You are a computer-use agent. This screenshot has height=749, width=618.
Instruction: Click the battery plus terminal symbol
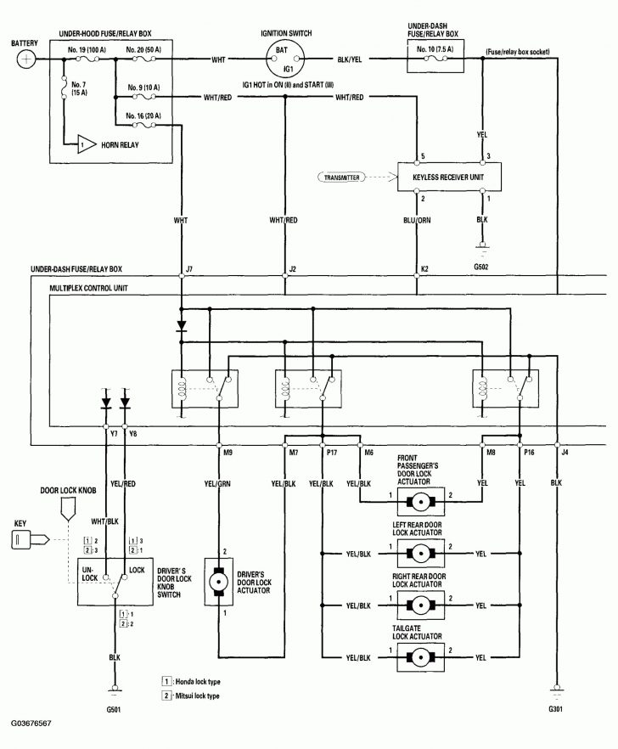coord(27,59)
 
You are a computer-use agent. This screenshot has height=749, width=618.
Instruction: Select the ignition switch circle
coord(289,59)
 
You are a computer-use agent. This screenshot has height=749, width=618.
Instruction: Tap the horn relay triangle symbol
coord(87,144)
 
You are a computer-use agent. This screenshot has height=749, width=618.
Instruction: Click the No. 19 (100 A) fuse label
coord(87,50)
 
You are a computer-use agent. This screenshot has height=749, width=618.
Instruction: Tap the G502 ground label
coord(483,266)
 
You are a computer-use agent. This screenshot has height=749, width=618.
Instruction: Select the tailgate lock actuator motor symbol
coord(422,656)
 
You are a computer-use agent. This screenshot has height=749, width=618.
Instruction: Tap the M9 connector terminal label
coord(228,453)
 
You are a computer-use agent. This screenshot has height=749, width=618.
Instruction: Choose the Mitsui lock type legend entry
coord(195,695)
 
